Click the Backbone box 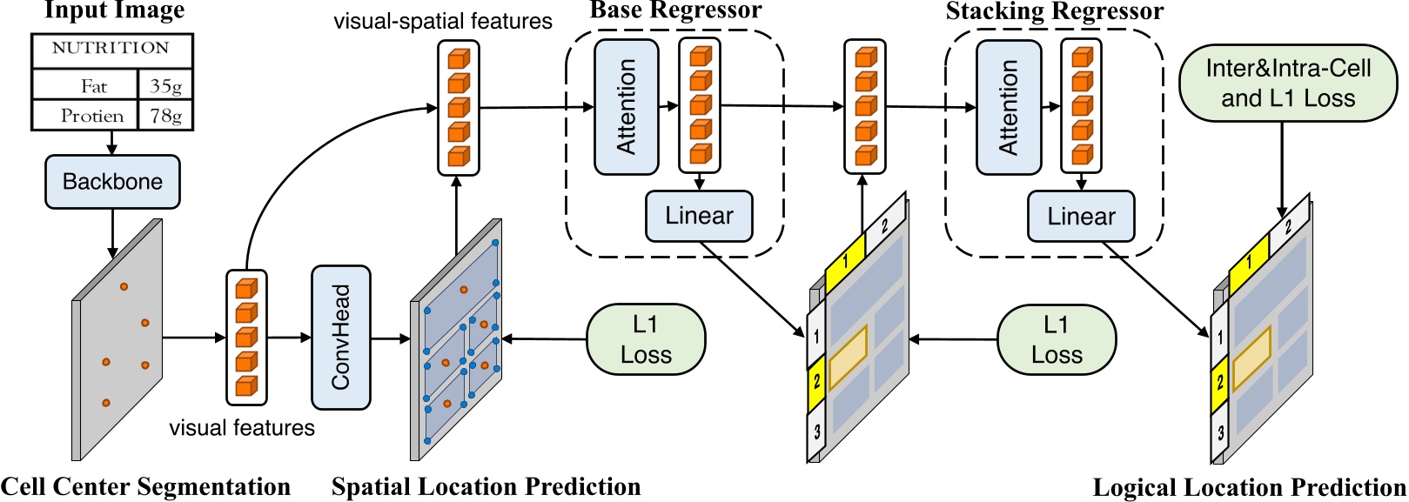(x=112, y=182)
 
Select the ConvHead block (x=341, y=338)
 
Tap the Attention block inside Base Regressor (x=626, y=107)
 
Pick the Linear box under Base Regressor (x=699, y=216)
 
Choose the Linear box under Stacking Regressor (x=1081, y=217)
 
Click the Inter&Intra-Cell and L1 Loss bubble (x=1287, y=84)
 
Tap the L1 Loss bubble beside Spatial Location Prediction (x=646, y=339)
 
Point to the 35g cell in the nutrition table (x=165, y=85)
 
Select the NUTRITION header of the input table (x=111, y=49)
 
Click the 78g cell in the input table (x=165, y=116)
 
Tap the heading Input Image (x=114, y=10)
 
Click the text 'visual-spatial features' (x=443, y=22)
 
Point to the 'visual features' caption (x=242, y=427)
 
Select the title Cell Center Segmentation (x=145, y=486)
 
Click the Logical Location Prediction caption (x=1249, y=487)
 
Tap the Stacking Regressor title (x=1054, y=11)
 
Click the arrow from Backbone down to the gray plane (x=112, y=233)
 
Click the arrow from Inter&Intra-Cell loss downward (x=1281, y=170)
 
